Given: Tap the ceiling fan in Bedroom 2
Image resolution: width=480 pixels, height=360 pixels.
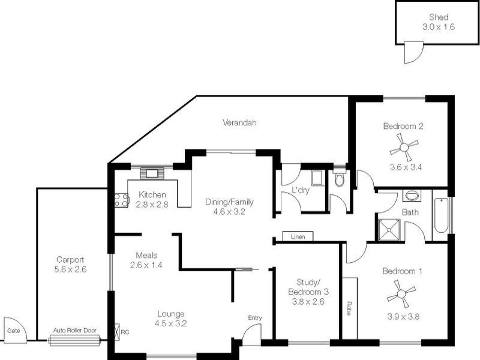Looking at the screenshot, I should (x=403, y=145).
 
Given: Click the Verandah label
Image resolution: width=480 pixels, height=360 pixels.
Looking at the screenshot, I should (x=239, y=122).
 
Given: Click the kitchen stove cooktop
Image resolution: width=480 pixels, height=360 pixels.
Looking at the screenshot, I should (x=121, y=200).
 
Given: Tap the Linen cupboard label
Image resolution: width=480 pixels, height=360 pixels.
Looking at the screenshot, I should (x=298, y=237).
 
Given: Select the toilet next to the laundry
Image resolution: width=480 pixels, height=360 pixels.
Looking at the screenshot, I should (x=339, y=179).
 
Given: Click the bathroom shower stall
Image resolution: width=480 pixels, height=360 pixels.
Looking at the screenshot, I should (x=391, y=229).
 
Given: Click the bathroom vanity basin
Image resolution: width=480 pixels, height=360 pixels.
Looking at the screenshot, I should (x=412, y=196).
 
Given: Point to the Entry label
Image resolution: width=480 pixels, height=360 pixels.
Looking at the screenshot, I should (x=255, y=318).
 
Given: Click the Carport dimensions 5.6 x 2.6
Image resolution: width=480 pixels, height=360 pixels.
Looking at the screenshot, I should (x=70, y=269).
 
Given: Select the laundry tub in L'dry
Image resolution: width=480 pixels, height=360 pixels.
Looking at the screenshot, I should (x=316, y=178).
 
